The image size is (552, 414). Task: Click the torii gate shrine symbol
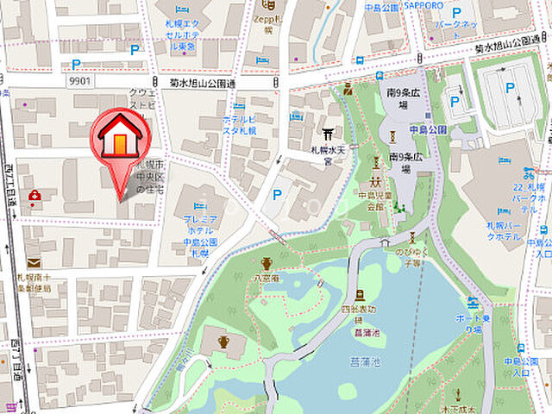pyautogui.click(x=327, y=135)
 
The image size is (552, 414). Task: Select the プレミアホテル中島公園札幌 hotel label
pyautogui.click(x=201, y=230)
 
